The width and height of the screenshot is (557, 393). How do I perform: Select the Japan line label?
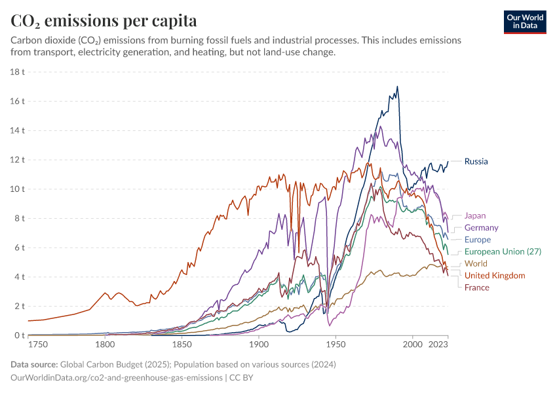coord(475,215)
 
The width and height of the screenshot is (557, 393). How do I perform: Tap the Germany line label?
coord(481,228)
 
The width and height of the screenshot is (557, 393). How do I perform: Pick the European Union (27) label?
coord(503,252)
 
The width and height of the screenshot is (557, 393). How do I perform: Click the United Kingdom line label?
coord(495,276)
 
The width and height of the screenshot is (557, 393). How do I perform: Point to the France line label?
coord(476,288)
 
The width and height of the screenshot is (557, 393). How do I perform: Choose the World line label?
coord(476,264)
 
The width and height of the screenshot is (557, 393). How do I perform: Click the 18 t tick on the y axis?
coord(18,72)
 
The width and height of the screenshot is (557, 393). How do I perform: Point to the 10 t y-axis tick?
coord(18,189)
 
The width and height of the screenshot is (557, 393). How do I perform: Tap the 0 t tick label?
coord(20,335)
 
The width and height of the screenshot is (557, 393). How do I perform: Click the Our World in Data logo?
coord(525,21)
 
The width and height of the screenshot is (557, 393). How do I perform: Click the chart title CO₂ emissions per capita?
coord(104,21)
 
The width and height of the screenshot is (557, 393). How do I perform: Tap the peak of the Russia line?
coord(397,86)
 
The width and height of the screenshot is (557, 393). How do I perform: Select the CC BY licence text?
coord(241,378)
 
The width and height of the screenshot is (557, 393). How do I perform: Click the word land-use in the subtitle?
coord(271,52)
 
